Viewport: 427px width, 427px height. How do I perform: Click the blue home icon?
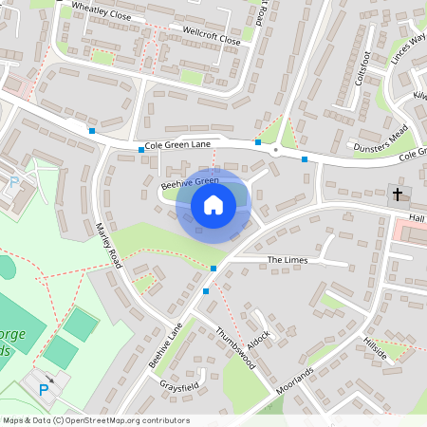tap(213, 204)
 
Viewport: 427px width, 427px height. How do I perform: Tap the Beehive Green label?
tap(190, 181)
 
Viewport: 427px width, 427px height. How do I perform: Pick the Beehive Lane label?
tap(163, 348)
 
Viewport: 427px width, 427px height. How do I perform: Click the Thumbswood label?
tap(235, 349)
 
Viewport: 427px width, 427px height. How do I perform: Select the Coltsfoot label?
tap(362, 69)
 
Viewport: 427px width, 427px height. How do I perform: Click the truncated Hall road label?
tap(417, 217)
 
